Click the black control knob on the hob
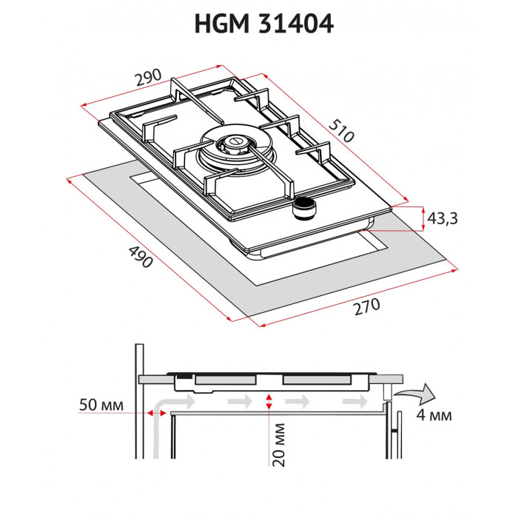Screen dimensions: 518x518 [303, 210]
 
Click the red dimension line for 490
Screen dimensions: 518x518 [148, 248]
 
